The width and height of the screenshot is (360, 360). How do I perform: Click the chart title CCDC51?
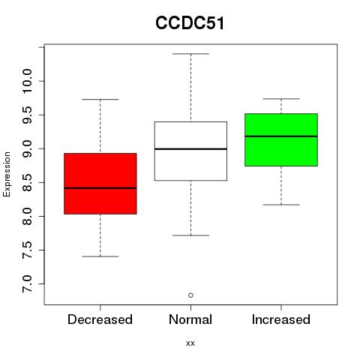190,23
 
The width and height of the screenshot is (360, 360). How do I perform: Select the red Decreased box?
100,184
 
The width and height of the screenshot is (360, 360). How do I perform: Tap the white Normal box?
190,151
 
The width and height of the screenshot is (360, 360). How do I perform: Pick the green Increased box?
281,139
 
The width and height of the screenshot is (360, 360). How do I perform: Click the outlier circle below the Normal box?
190,295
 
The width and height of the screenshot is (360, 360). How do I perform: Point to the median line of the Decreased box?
100,188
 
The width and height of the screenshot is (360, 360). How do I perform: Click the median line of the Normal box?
190,149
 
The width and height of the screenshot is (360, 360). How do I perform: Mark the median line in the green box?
281,136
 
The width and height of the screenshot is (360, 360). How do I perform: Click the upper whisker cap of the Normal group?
190,54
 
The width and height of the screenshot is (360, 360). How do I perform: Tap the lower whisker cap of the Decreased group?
100,256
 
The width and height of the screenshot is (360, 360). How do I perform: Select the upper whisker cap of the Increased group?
281,99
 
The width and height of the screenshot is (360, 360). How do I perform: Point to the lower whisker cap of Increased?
281,205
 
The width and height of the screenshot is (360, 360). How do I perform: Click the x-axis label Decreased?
100,319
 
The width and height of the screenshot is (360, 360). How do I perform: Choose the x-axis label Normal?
190,319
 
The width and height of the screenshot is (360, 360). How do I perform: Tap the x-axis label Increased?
281,319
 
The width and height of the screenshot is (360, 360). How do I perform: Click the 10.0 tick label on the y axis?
27,81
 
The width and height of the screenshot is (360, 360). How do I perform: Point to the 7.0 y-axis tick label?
27,283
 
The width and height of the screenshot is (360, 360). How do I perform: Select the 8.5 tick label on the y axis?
27,182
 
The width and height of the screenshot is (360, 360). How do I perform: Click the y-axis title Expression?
7,174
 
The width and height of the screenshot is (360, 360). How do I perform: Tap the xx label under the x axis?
190,343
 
